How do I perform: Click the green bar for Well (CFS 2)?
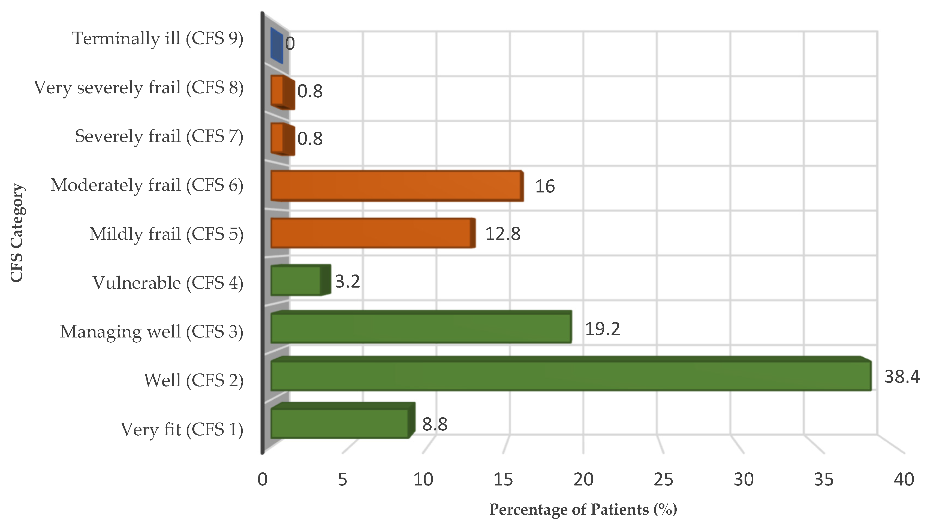(x=570, y=376)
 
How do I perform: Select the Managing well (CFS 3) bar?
(x=421, y=328)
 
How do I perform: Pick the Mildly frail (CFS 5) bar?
(x=372, y=233)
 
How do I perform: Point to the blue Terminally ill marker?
(x=277, y=46)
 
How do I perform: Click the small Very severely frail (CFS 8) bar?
(x=281, y=92)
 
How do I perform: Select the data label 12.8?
(x=503, y=234)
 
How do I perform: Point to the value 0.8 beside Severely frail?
(x=310, y=138)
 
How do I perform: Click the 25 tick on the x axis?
(x=663, y=479)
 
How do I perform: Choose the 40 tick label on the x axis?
(x=904, y=479)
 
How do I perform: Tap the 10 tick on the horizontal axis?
(x=423, y=479)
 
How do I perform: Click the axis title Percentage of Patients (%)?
(x=583, y=509)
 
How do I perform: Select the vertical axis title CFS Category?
(x=17, y=233)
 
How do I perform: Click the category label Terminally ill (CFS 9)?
(x=158, y=38)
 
